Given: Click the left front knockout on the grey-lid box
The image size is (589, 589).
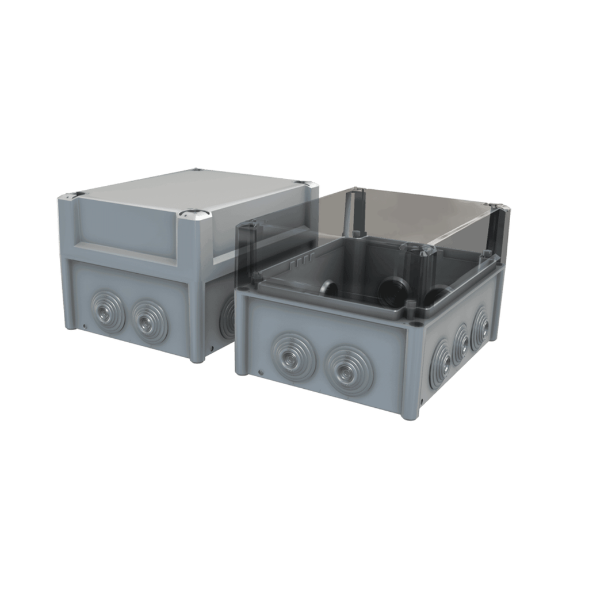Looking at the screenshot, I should tap(107, 312).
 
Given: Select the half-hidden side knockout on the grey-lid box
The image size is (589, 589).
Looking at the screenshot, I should tap(228, 318).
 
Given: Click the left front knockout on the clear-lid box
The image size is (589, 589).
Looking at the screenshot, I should tap(293, 357).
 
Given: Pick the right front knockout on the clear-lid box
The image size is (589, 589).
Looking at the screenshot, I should tap(349, 370).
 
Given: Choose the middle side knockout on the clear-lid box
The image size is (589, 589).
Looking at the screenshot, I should tap(462, 344).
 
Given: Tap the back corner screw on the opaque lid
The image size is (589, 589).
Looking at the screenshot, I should tap(196, 170).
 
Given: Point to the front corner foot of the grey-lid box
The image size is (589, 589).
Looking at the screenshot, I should tap(197, 358).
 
